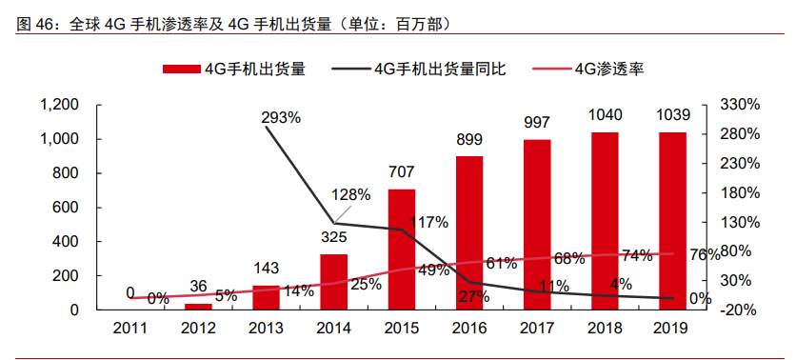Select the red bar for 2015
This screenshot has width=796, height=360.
click(x=402, y=250)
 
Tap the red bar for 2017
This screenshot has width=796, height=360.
click(x=537, y=225)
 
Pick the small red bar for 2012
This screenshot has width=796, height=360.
click(x=198, y=307)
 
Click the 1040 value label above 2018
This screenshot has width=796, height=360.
click(x=606, y=115)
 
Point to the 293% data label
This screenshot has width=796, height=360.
click(x=281, y=117)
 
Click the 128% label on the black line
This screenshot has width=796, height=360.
click(x=350, y=194)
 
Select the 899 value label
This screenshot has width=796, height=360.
click(x=469, y=139)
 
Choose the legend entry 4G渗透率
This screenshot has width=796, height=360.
click(x=610, y=69)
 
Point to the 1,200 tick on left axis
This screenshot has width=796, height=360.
click(x=58, y=104)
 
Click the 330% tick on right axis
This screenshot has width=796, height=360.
click(x=740, y=104)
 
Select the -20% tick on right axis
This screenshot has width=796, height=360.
click(x=740, y=310)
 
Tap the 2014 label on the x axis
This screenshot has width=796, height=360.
click(x=333, y=330)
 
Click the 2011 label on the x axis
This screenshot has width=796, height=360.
click(x=130, y=330)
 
